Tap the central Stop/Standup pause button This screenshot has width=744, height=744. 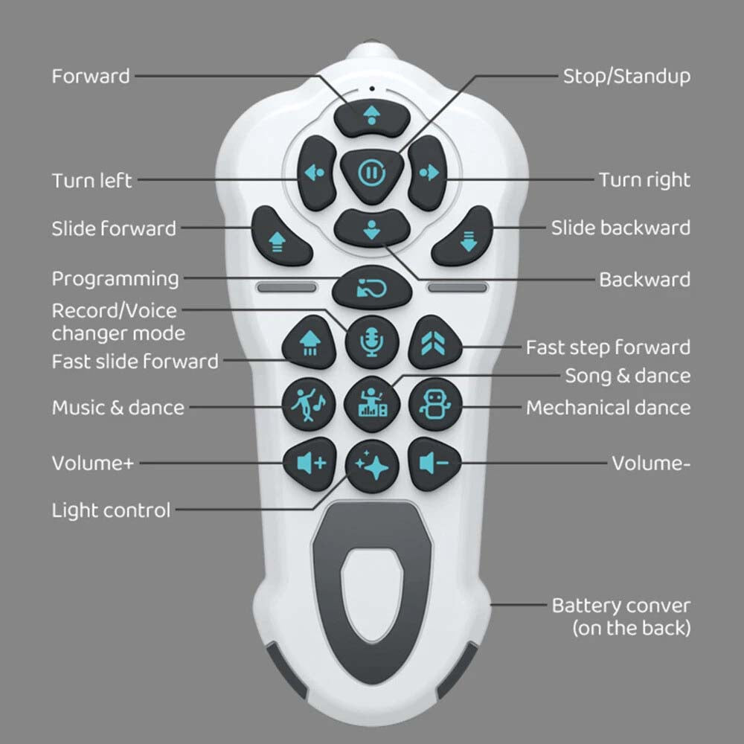coord(371,173)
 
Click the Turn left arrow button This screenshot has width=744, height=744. coord(316,173)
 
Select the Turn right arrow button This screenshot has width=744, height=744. coord(427,173)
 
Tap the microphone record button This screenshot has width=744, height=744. coord(371,342)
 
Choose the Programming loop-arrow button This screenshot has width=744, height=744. coord(371,287)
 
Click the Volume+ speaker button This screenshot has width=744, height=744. coord(310,464)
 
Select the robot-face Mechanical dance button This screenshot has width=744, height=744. coord(434,404)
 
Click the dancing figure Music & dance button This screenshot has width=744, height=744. coord(309,404)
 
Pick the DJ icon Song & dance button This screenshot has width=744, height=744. coord(371,404)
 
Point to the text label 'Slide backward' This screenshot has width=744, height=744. coord(620,228)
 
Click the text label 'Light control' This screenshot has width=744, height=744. coord(111,510)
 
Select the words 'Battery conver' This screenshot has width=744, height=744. coord(621,606)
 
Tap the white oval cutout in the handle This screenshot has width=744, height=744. coord(372,594)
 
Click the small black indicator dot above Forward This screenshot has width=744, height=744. coord(372,89)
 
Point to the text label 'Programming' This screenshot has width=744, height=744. coord(115,279)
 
